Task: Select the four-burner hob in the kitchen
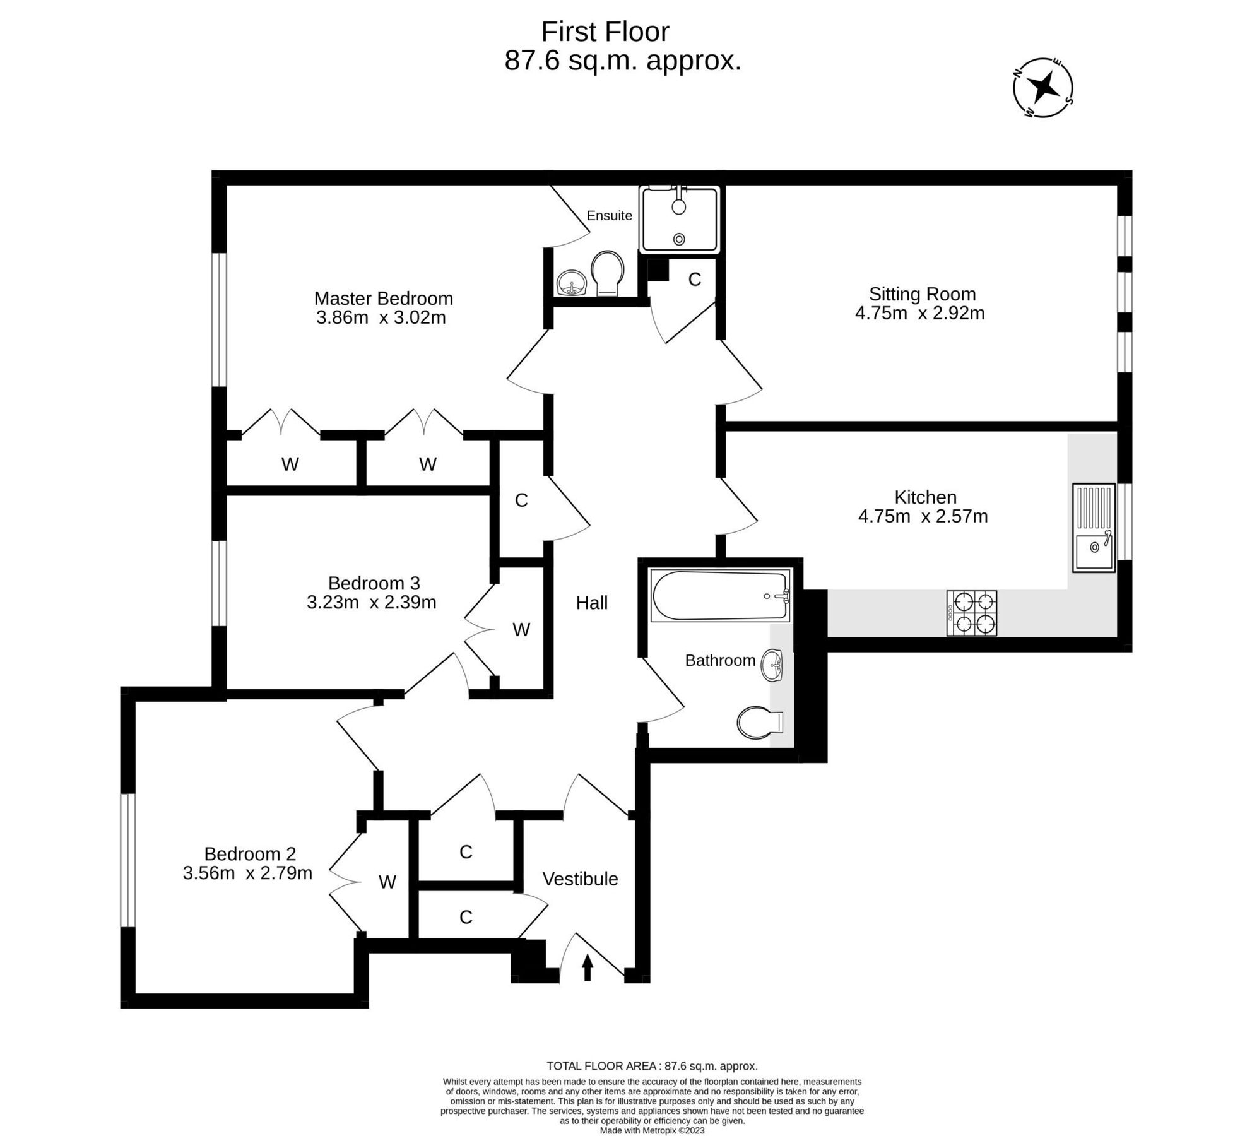pyautogui.click(x=972, y=613)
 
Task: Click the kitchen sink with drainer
pyautogui.click(x=1094, y=528)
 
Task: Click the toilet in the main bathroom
pyautogui.click(x=759, y=723)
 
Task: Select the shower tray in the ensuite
pyautogui.click(x=679, y=220)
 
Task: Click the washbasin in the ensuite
pyautogui.click(x=572, y=282)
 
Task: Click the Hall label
pyautogui.click(x=591, y=603)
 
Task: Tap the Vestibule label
pyautogui.click(x=580, y=879)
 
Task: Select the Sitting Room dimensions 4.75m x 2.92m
pyautogui.click(x=919, y=313)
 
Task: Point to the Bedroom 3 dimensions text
pyautogui.click(x=371, y=603)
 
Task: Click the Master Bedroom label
pyautogui.click(x=383, y=298)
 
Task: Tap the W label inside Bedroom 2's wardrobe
pyautogui.click(x=387, y=882)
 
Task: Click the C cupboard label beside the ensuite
pyautogui.click(x=694, y=280)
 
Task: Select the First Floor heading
pyautogui.click(x=605, y=32)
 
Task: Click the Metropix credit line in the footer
pyautogui.click(x=652, y=1130)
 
